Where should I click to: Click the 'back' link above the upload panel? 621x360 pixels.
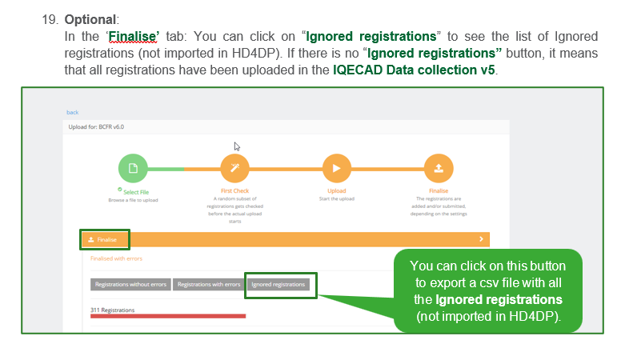tap(72, 113)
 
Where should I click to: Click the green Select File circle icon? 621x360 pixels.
tap(132, 169)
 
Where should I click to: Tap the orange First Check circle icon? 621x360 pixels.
tap(234, 169)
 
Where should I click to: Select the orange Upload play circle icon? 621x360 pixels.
tap(337, 169)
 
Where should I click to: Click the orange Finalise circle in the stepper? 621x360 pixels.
tap(439, 169)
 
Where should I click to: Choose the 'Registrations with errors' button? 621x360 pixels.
tap(209, 284)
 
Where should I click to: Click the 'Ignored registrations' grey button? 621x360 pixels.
tap(278, 284)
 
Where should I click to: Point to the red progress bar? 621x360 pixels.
tap(168, 316)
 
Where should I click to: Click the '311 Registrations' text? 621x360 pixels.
tap(113, 310)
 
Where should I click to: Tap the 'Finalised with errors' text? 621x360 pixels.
tap(118, 259)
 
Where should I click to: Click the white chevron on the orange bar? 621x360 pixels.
tap(481, 239)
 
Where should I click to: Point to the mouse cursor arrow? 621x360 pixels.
tap(237, 146)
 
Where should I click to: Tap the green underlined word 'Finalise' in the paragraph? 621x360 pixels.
tap(134, 36)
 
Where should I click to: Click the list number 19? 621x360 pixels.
tap(50, 18)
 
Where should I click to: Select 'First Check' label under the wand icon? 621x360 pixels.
tap(234, 191)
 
